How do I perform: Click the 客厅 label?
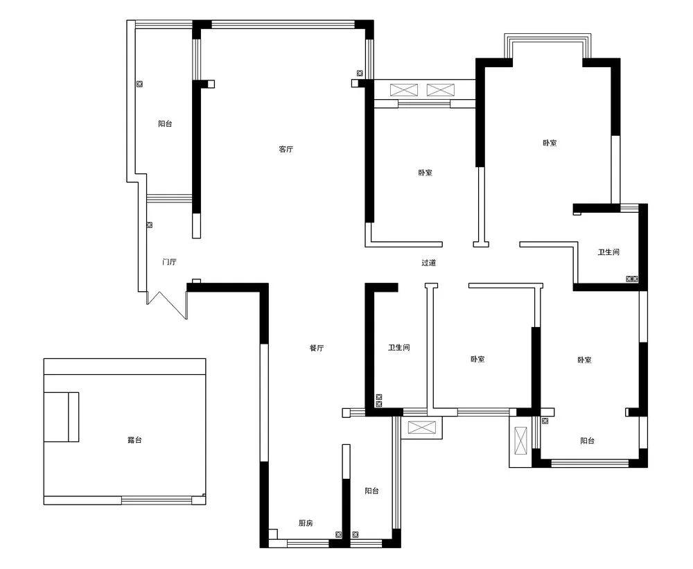pos(286,149)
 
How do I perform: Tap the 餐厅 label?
pos(317,348)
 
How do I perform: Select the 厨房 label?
pos(306,523)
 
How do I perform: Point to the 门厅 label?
pos(169,262)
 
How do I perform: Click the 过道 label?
pos(428,263)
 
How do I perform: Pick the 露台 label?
pos(134,440)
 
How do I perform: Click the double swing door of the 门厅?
pos(167,305)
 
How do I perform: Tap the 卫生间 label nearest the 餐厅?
pos(399,347)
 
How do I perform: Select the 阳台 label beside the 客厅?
pos(165,124)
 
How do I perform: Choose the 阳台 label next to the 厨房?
pos(371,491)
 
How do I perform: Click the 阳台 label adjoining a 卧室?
pos(588,441)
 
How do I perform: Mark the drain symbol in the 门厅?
pos(150,225)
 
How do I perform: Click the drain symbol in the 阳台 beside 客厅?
pos(140,84)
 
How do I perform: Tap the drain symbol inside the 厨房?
pos(339,534)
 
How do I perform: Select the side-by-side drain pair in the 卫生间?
pos(633,279)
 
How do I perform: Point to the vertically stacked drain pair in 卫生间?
pos(379,401)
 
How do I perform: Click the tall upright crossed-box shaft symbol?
pos(521,441)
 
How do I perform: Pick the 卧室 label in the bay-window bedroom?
pos(550,143)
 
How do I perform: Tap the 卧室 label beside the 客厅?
pos(426,173)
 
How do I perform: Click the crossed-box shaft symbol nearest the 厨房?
pos(421,428)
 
